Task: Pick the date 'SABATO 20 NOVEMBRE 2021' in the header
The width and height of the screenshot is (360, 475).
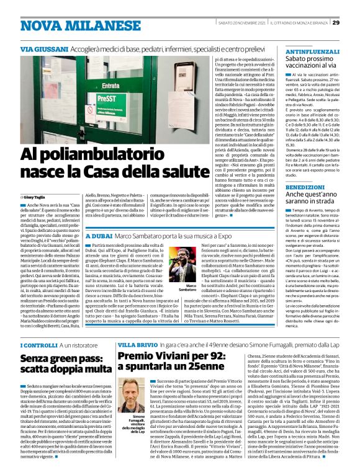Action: pyautogui.click(x=246, y=23)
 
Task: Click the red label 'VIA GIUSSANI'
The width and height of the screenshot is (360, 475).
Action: pyautogui.click(x=42, y=48)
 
